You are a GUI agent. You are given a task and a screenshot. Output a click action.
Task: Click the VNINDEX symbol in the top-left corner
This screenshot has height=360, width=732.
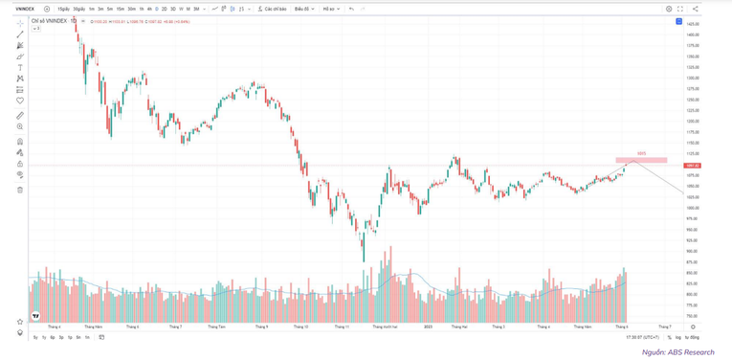point(26,9)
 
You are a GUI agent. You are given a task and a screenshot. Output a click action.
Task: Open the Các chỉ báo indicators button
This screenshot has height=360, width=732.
point(273,9)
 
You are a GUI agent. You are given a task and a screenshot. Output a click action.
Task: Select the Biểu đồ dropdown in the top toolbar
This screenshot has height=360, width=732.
point(303,9)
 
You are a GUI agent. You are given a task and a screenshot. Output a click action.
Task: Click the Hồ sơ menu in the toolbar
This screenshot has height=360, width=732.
point(330,9)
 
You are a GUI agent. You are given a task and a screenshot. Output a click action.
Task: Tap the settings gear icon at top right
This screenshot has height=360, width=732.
point(669,9)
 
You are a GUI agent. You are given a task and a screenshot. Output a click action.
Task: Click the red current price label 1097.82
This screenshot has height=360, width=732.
point(692,166)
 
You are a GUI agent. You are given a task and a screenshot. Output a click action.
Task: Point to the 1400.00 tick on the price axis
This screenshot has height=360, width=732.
point(692,34)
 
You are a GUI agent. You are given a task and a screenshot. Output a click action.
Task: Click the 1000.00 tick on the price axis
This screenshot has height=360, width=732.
point(692,208)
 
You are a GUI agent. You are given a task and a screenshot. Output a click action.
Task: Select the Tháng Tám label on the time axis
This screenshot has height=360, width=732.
point(216,326)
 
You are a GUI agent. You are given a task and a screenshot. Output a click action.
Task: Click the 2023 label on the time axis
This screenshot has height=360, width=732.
point(428,326)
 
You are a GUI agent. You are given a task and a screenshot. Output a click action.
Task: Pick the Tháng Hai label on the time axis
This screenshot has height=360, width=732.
point(458,326)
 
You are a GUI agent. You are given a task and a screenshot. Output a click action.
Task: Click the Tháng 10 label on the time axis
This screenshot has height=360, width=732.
point(301,326)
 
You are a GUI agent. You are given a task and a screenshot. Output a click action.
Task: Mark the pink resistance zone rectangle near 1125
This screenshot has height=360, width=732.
point(641,159)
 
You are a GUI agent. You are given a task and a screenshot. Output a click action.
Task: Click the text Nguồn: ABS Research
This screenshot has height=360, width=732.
point(677,351)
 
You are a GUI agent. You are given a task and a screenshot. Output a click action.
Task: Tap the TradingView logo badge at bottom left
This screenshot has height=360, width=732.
point(35,316)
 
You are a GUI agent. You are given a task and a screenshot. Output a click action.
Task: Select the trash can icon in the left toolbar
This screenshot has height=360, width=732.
point(20,190)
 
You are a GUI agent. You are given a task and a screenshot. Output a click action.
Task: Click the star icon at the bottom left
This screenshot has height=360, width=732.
point(20,322)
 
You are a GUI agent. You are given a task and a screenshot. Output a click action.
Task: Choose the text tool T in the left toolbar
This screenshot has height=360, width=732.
point(20,68)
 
